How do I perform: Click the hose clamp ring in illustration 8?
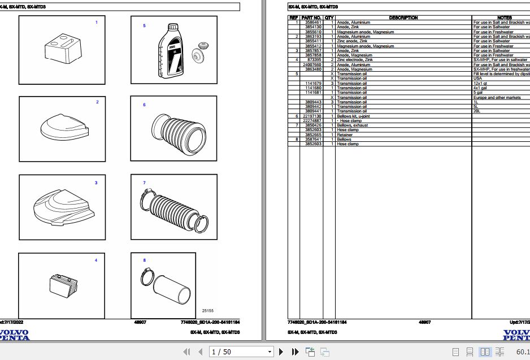coord(145,276)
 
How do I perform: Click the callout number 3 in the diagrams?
coord(96,183)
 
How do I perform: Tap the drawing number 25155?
coord(207,310)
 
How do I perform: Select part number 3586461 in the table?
coord(313,23)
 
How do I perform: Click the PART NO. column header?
coord(311,18)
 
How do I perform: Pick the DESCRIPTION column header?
coord(403,18)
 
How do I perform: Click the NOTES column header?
coord(505,18)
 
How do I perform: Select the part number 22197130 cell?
coord(312,116)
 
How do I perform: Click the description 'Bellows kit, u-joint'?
coord(353,116)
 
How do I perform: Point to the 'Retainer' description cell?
coord(345,135)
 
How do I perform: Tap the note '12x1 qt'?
coord(480,83)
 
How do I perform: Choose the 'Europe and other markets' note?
coord(497,97)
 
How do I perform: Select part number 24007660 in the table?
coord(312,64)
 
